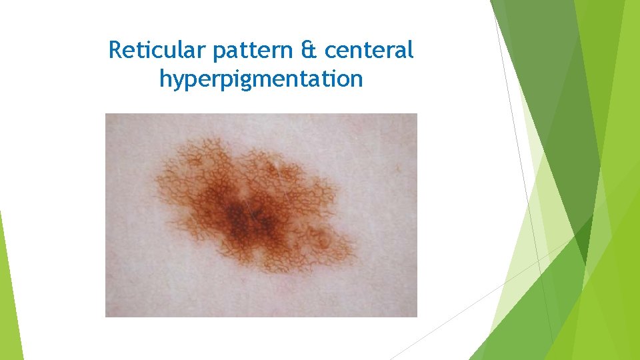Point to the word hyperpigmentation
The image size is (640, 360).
coord(261,79)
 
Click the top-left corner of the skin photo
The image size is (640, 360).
coord(107,115)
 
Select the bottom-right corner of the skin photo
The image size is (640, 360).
coord(416,315)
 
